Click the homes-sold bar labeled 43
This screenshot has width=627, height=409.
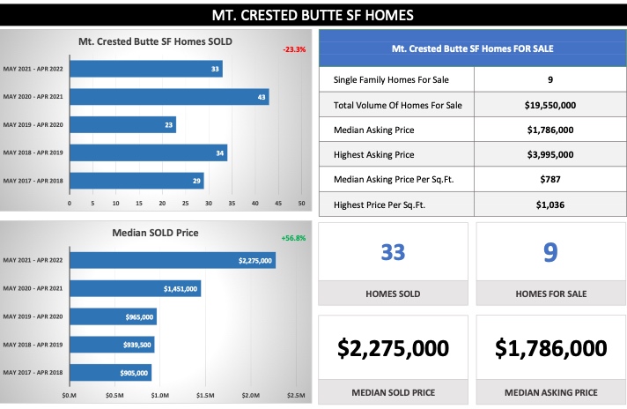[169, 96]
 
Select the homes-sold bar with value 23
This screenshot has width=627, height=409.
[122, 124]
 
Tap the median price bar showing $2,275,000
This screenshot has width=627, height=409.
[172, 260]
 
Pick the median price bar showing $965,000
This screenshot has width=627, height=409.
[113, 316]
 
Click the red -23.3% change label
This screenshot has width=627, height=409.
[294, 49]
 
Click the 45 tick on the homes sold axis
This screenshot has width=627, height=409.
[278, 204]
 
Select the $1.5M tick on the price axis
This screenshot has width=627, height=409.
[205, 395]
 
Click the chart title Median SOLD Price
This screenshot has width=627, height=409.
[156, 234]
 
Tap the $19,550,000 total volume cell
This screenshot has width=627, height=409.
[550, 105]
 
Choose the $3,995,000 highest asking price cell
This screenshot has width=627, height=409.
[550, 154]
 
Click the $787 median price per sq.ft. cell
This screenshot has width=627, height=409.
[550, 180]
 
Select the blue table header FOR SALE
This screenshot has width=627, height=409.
[471, 48]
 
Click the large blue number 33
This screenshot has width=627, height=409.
[393, 253]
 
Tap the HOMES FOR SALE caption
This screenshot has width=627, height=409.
[550, 294]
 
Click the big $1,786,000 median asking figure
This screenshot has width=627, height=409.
[550, 348]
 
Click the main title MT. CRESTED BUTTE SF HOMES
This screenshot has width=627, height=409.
[313, 15]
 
